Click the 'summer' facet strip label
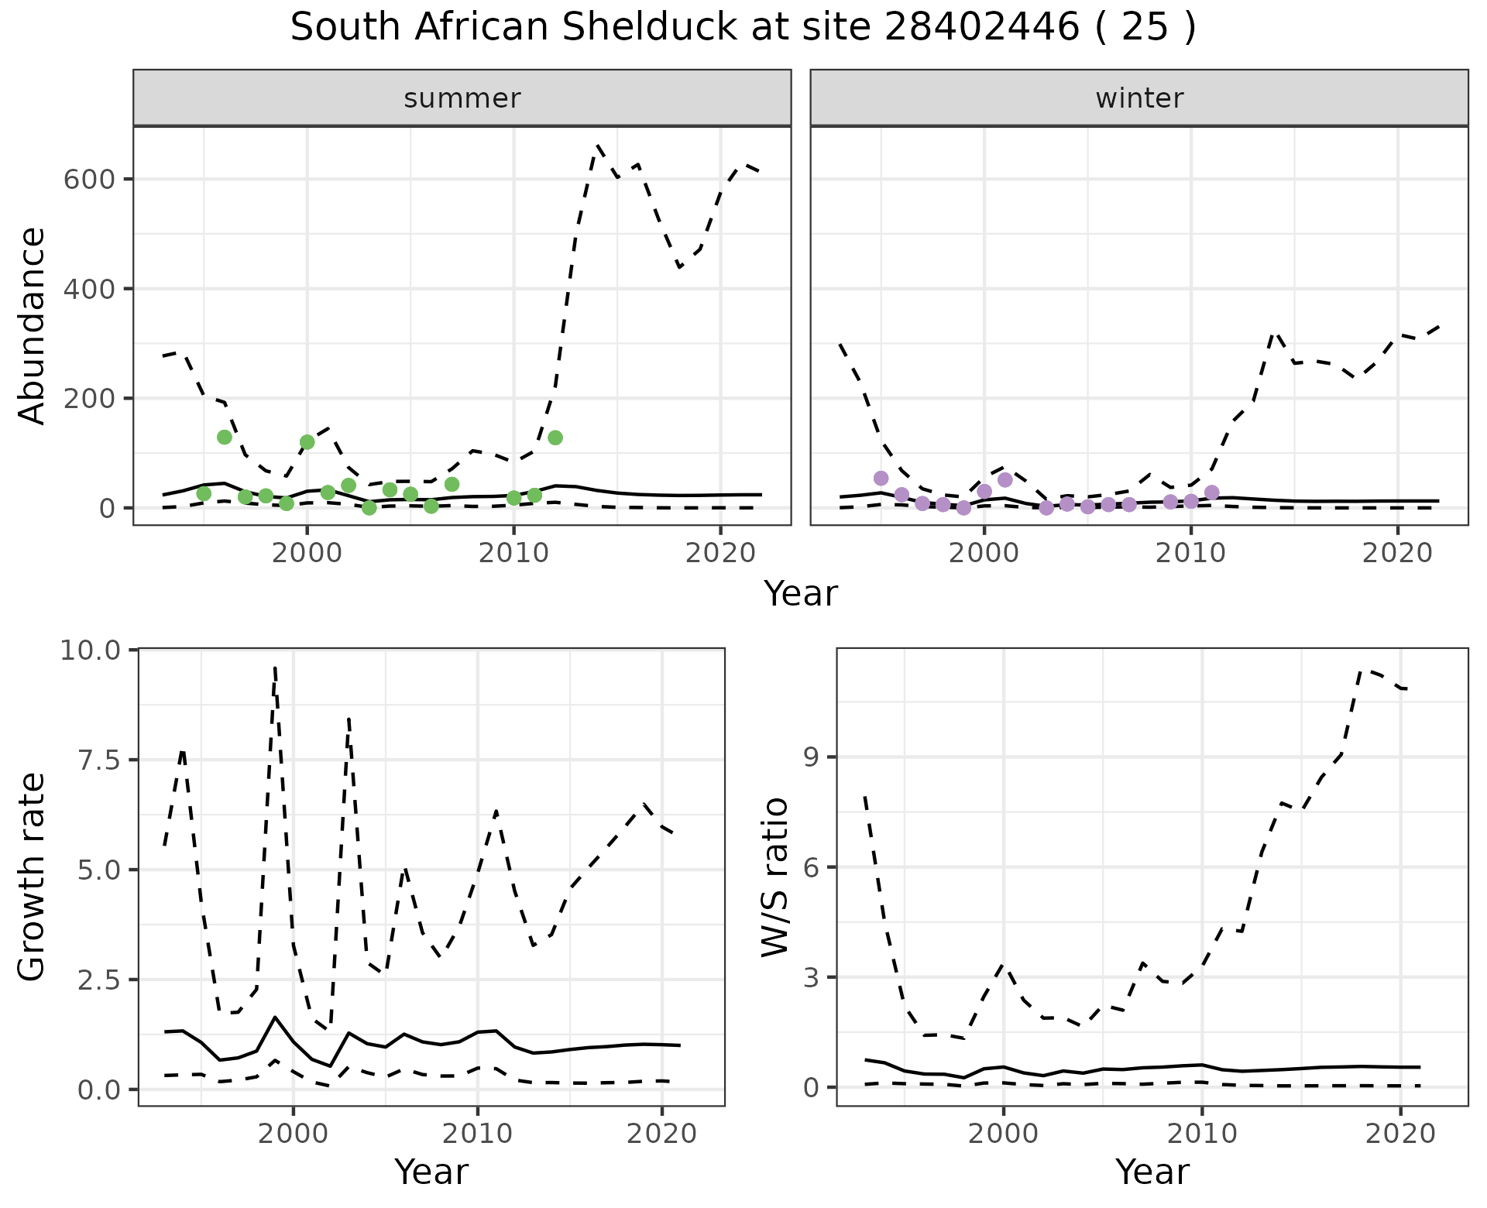point(462,98)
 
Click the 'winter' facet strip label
point(1139,98)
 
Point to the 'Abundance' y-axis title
point(33,325)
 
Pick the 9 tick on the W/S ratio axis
point(811,757)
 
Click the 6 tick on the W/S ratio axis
point(811,867)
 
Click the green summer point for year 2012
point(555,438)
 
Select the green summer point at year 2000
point(307,442)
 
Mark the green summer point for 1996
point(225,437)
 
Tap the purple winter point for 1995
point(881,478)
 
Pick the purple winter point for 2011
point(1212,492)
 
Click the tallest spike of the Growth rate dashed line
point(275,667)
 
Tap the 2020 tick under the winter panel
point(1398,553)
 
